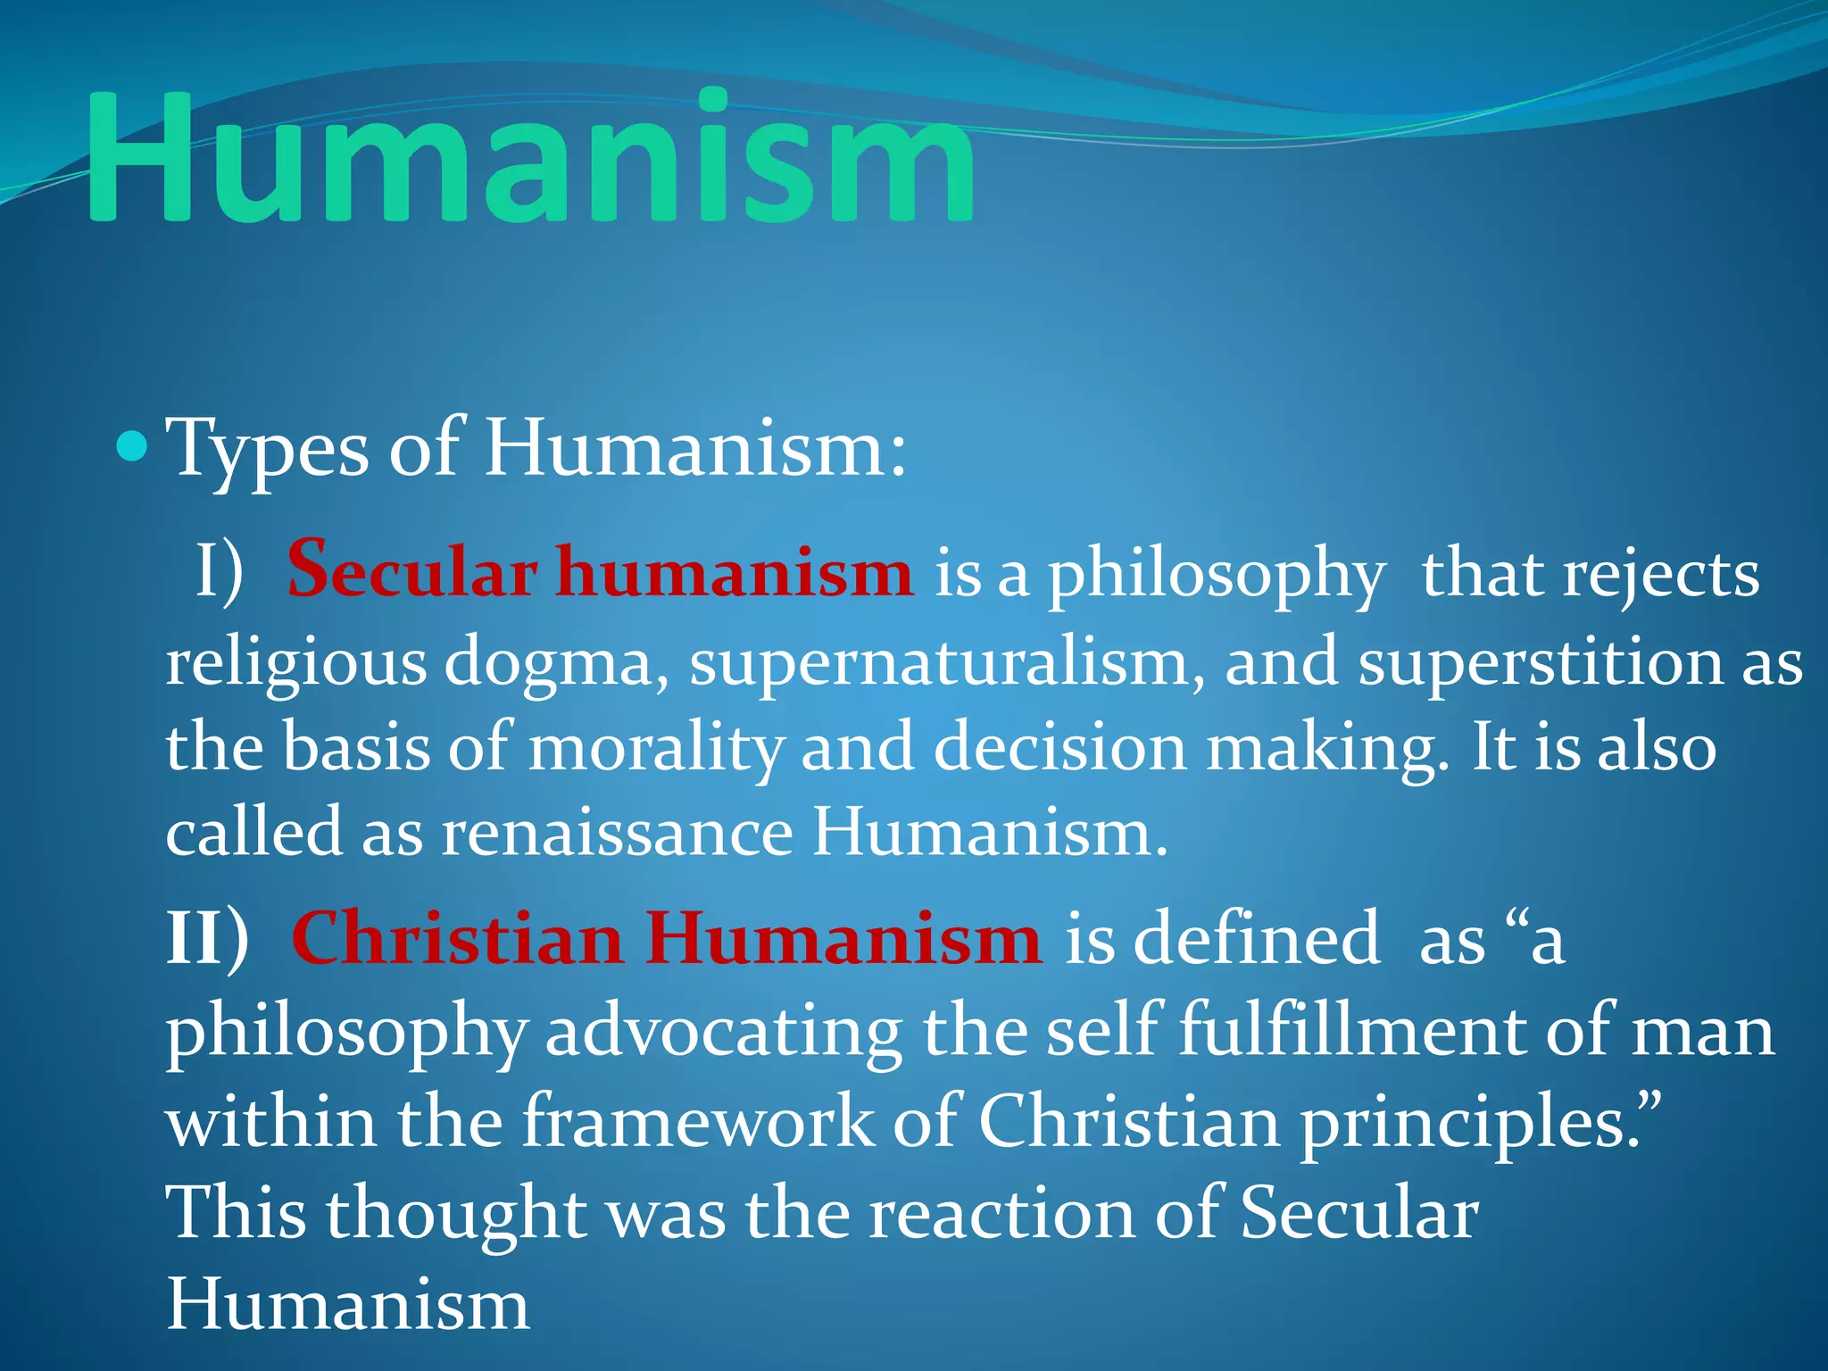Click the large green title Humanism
pyautogui.click(x=530, y=157)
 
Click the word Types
pyautogui.click(x=268, y=449)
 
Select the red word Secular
pyautogui.click(x=411, y=572)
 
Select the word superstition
pyautogui.click(x=1540, y=663)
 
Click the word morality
pyautogui.click(x=656, y=748)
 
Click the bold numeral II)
pyautogui.click(x=207, y=938)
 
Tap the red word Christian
pyautogui.click(x=457, y=939)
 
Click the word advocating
pyautogui.click(x=723, y=1032)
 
